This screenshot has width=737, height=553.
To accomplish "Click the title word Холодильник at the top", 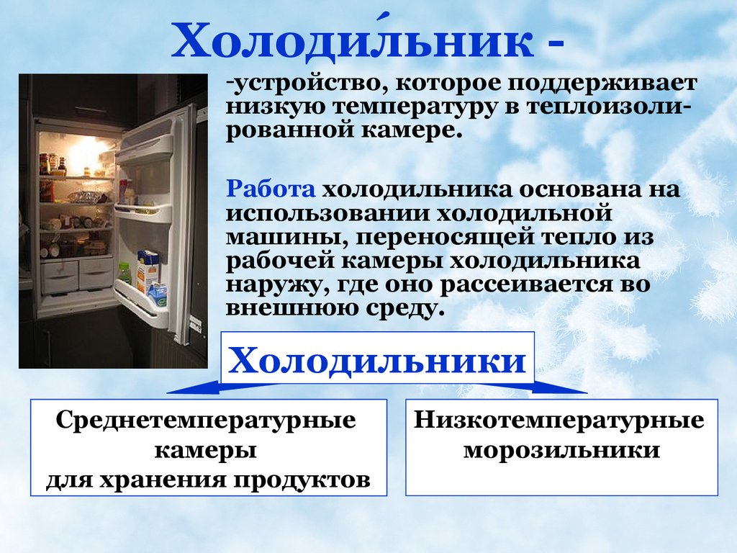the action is point(353,41).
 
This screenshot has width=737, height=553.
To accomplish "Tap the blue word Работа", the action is point(271,189).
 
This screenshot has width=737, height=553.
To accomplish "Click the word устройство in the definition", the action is point(311,84).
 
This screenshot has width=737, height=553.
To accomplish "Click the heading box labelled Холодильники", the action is point(377,358).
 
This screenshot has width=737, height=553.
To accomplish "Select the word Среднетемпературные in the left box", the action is point(206,420).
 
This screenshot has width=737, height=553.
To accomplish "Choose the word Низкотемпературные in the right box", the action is point(559,420).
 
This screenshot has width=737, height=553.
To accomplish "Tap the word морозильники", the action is point(561,449).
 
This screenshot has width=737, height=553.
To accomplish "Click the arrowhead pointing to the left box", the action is point(188,390).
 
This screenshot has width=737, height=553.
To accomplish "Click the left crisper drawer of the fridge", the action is point(59,276).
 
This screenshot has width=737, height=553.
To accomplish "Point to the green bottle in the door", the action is point(124,273).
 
